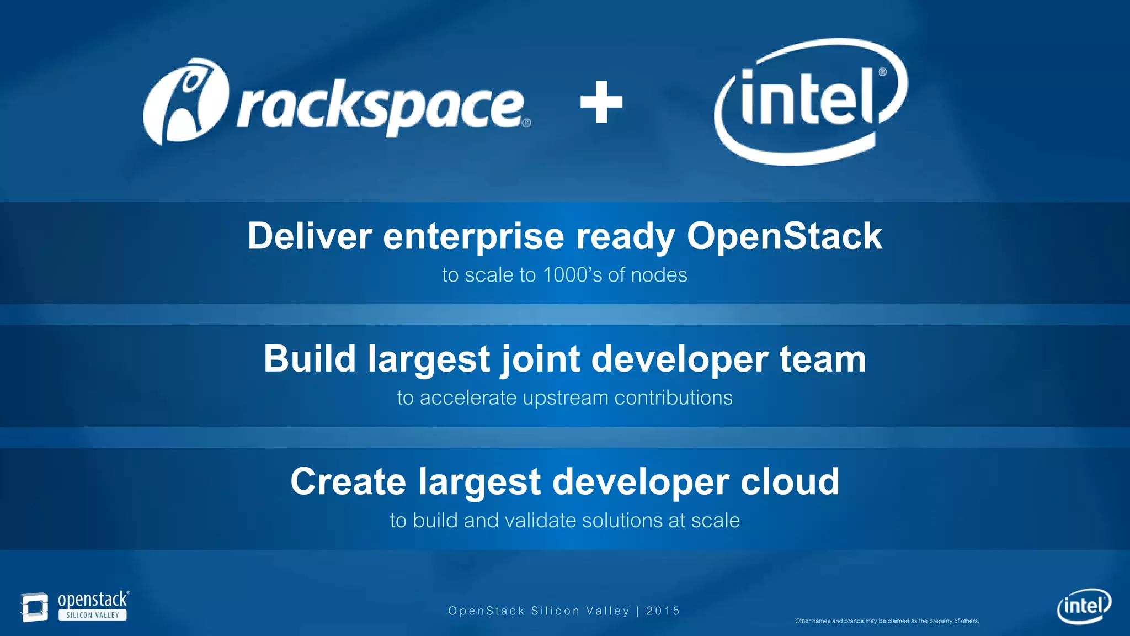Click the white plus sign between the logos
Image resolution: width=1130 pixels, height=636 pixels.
coord(601,102)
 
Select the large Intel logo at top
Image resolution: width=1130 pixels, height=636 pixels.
coord(810,102)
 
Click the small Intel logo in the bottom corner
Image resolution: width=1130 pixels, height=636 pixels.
coord(1084,606)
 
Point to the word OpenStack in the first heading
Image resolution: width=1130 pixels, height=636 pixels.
coord(784,236)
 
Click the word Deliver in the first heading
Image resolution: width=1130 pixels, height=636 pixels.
coord(309,236)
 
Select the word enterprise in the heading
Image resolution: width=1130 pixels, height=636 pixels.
coord(473,236)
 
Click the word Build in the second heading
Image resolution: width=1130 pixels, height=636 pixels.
coord(310,359)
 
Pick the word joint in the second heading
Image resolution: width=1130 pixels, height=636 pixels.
coord(540,359)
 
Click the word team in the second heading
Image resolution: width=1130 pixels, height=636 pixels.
coord(823,359)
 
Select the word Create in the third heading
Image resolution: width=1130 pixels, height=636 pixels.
coord(348,481)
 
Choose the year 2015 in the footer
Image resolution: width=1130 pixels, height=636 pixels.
coord(663,611)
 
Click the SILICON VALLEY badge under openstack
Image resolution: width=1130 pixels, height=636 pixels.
coord(93,615)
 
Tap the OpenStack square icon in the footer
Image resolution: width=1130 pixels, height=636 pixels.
coord(34,607)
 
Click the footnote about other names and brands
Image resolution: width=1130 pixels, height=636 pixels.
coord(887,621)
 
